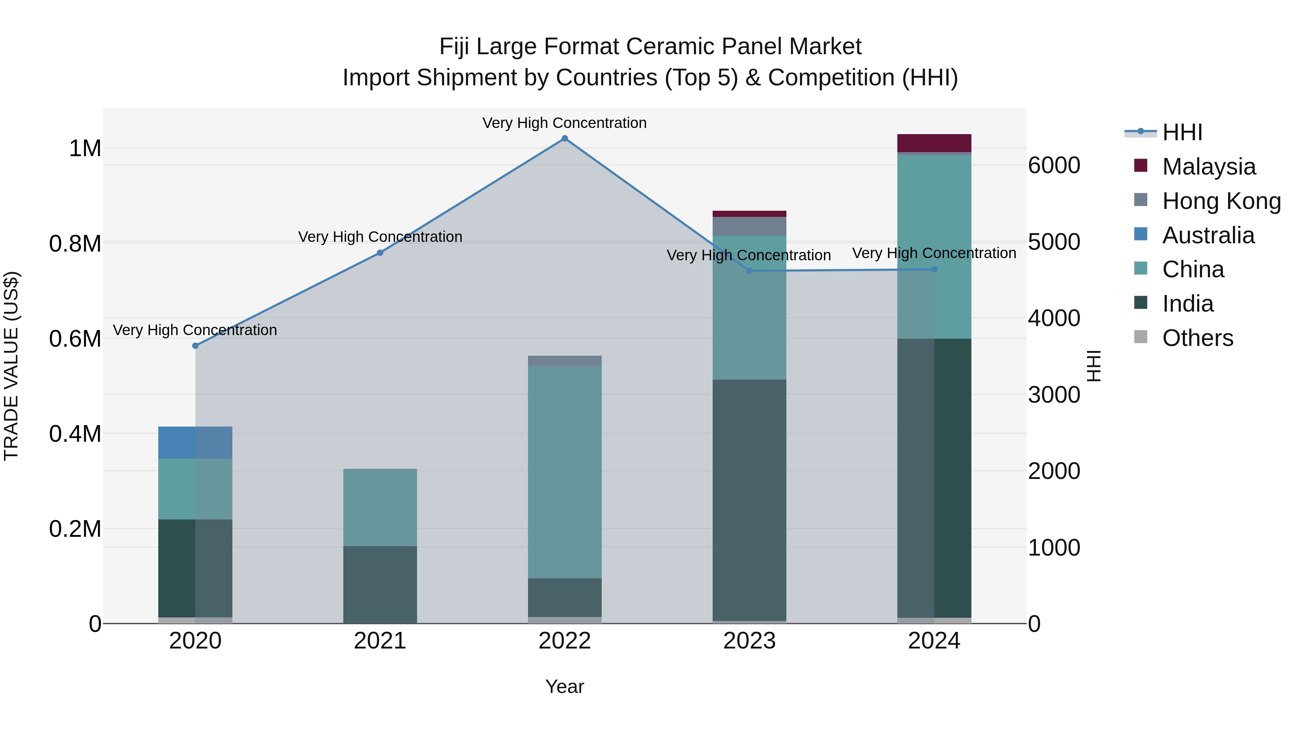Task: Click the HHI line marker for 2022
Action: [x=564, y=138]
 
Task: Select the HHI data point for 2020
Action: [x=196, y=346]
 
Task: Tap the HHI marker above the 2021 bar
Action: [x=380, y=253]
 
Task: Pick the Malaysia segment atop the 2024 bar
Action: [x=934, y=143]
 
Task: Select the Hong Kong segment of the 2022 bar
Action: [x=564, y=361]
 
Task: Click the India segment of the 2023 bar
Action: [x=749, y=500]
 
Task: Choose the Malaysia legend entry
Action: [x=1208, y=167]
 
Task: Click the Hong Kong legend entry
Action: [x=1221, y=201]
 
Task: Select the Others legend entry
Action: [x=1197, y=338]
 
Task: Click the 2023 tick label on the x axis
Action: [x=749, y=641]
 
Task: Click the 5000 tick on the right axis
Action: [x=1054, y=243]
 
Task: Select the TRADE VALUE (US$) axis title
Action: [x=11, y=366]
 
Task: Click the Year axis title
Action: [x=564, y=686]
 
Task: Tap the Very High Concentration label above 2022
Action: [x=564, y=123]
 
